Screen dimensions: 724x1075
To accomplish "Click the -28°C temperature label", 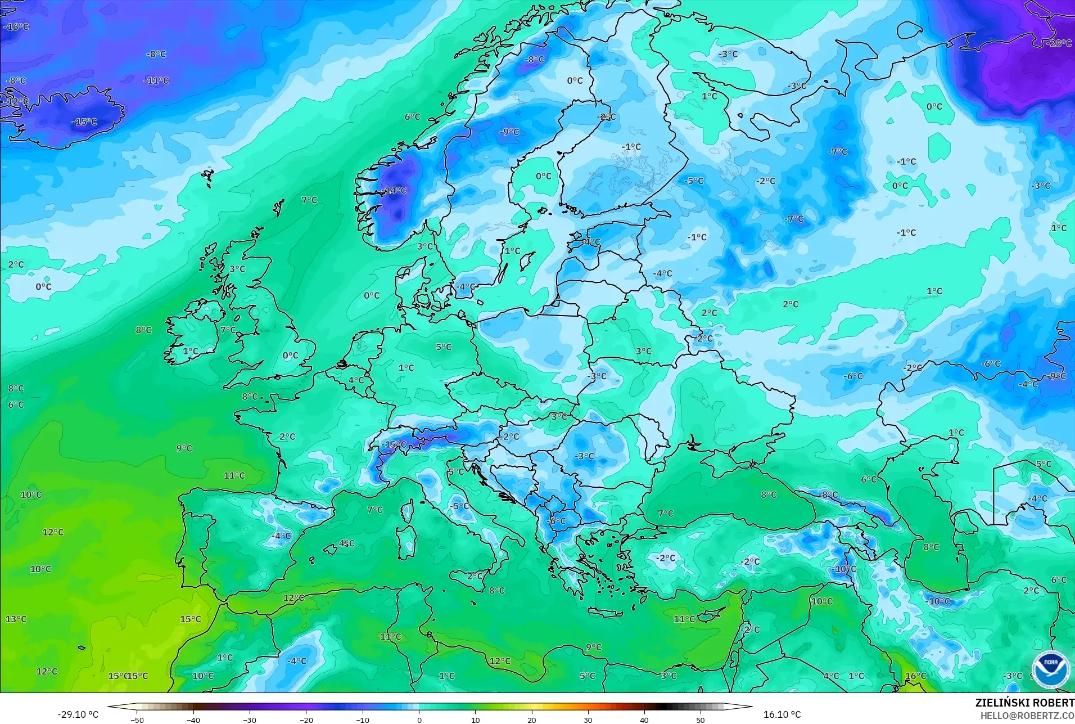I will pyautogui.click(x=1060, y=43).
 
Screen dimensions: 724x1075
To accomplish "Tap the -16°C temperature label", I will pyautogui.click(x=16, y=26).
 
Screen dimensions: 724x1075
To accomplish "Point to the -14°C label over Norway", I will pyautogui.click(x=394, y=191).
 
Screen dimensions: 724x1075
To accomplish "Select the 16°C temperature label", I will pyautogui.click(x=915, y=676).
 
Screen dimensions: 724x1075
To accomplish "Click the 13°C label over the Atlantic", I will pyautogui.click(x=16, y=619).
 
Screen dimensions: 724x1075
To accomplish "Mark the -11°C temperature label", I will pyautogui.click(x=156, y=80).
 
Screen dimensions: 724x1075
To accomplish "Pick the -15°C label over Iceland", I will pyautogui.click(x=85, y=122).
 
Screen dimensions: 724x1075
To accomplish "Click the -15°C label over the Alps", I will pyautogui.click(x=394, y=444).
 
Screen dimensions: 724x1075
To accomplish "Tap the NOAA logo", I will pyautogui.click(x=1050, y=668).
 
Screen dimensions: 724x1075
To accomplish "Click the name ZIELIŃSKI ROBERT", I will pyautogui.click(x=1024, y=703).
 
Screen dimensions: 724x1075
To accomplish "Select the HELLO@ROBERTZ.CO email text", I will pyautogui.click(x=1027, y=716).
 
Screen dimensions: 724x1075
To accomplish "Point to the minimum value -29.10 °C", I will pyautogui.click(x=78, y=714).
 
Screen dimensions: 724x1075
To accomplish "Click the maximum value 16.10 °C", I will pyautogui.click(x=782, y=714).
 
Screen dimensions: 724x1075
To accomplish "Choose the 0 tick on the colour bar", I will pyautogui.click(x=419, y=719).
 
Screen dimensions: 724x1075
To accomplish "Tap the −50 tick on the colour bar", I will pyautogui.click(x=137, y=719).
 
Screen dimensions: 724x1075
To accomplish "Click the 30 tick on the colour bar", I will pyautogui.click(x=588, y=719).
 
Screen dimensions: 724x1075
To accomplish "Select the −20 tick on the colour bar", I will pyautogui.click(x=306, y=719).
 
